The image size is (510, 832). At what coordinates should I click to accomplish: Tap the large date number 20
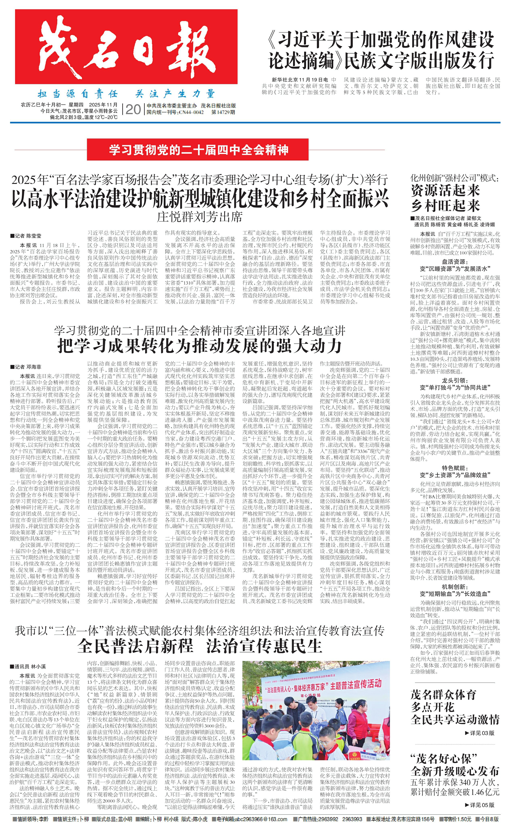coord(133,109)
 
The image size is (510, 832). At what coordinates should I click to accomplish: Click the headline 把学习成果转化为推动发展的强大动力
coord(199,345)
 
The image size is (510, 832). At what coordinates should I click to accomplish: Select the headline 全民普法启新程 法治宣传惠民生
coord(199,645)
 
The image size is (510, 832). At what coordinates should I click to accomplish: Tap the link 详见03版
coord(480,733)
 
